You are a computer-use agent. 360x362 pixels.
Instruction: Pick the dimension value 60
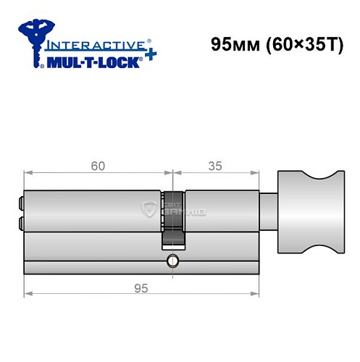[99, 165]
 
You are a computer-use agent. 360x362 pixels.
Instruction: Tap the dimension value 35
[215, 165]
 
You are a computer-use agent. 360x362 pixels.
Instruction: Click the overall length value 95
[141, 287]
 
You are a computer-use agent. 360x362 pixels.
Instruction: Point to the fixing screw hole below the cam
[172, 261]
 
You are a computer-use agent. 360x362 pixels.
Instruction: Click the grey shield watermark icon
[151, 209]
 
